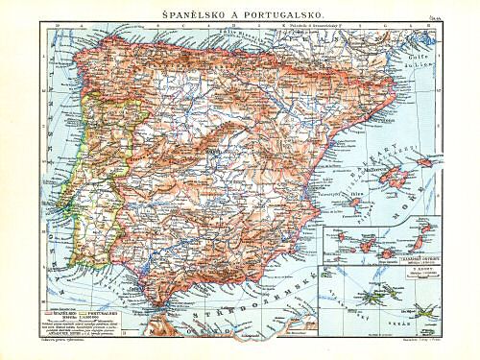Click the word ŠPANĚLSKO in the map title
(x=189, y=11)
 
